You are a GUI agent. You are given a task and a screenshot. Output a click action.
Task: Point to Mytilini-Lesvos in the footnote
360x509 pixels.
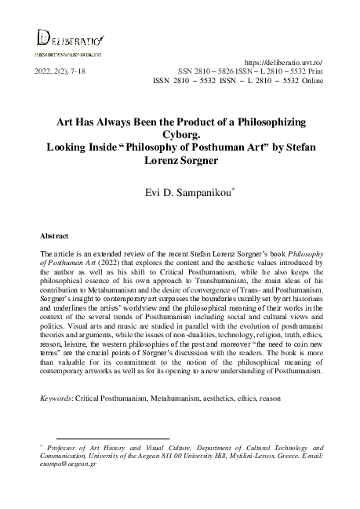click(x=245, y=453)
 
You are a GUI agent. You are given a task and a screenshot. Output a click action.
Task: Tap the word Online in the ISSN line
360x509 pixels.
click(x=308, y=80)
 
